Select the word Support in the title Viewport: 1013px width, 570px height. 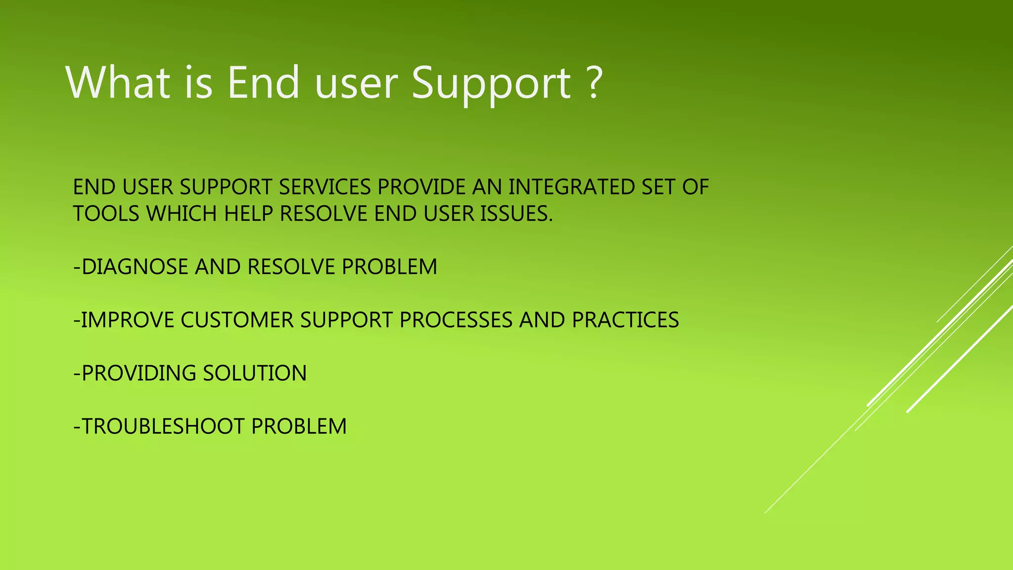point(491,86)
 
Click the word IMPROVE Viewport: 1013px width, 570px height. point(128,320)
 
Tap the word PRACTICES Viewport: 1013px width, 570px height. point(626,320)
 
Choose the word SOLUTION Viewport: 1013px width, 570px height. point(255,373)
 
